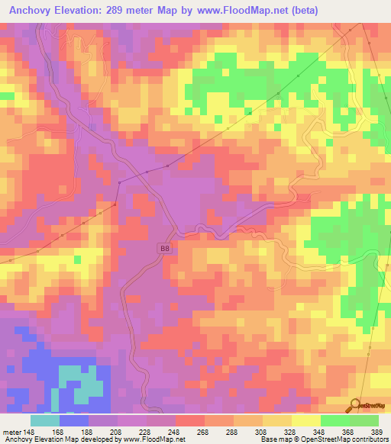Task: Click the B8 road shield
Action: click(x=165, y=248)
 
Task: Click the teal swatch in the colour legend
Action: click(x=45, y=421)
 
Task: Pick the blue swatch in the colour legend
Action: click(x=74, y=421)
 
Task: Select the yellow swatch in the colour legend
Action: click(x=305, y=421)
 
